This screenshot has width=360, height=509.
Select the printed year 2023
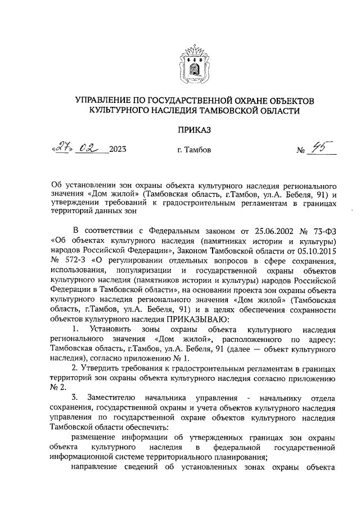coord(118,150)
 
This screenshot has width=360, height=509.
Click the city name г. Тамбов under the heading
coord(194,150)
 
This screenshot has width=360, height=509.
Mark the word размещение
coord(95,438)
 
